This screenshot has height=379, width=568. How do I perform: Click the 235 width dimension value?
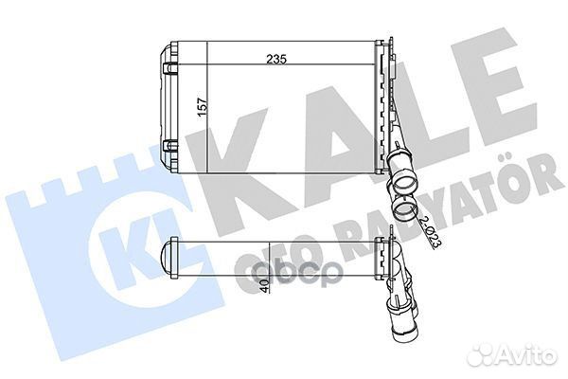coord(276,59)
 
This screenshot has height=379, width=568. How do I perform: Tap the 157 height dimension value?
coord(203,107)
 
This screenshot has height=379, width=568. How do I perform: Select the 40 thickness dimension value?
coord(265,286)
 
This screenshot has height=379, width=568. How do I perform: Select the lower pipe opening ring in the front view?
coord(403,208)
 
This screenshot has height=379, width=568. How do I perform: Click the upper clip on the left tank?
coord(170,68)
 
